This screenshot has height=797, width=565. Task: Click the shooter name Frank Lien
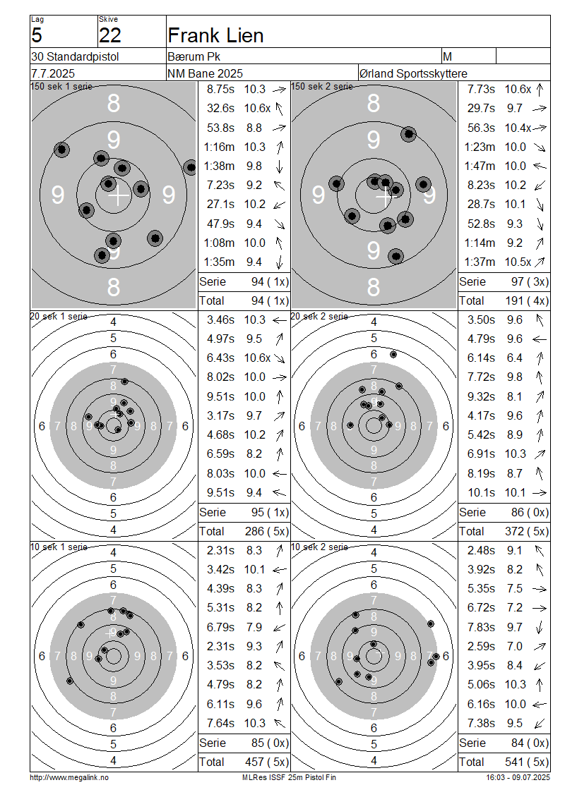[x=215, y=35]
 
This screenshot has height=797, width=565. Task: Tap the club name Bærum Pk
[x=194, y=56]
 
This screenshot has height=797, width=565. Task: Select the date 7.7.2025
[x=53, y=73]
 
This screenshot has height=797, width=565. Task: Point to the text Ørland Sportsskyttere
[x=413, y=73]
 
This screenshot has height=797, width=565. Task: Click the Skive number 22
[x=110, y=35]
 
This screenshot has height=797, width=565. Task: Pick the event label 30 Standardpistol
[x=75, y=56]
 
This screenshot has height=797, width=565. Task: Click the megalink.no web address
[x=69, y=777]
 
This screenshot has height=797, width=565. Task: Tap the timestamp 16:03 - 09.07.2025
[x=518, y=777]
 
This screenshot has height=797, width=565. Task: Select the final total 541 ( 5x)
[x=527, y=762]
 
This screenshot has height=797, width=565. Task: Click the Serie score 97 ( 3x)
[x=530, y=281]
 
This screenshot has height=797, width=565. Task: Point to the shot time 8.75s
[x=220, y=89]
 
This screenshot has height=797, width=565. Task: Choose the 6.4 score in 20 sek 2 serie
[x=514, y=358]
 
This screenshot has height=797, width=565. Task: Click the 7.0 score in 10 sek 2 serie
[x=514, y=646]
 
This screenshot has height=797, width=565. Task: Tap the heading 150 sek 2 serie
[x=321, y=87]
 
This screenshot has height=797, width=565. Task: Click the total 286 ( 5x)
[x=267, y=531]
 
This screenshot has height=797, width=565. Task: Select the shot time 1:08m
[x=220, y=243]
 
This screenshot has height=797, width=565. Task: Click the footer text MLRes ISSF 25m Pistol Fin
[x=289, y=777]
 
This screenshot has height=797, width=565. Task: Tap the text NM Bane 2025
[x=205, y=73]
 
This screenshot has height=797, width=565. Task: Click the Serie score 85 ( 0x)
[x=270, y=743]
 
